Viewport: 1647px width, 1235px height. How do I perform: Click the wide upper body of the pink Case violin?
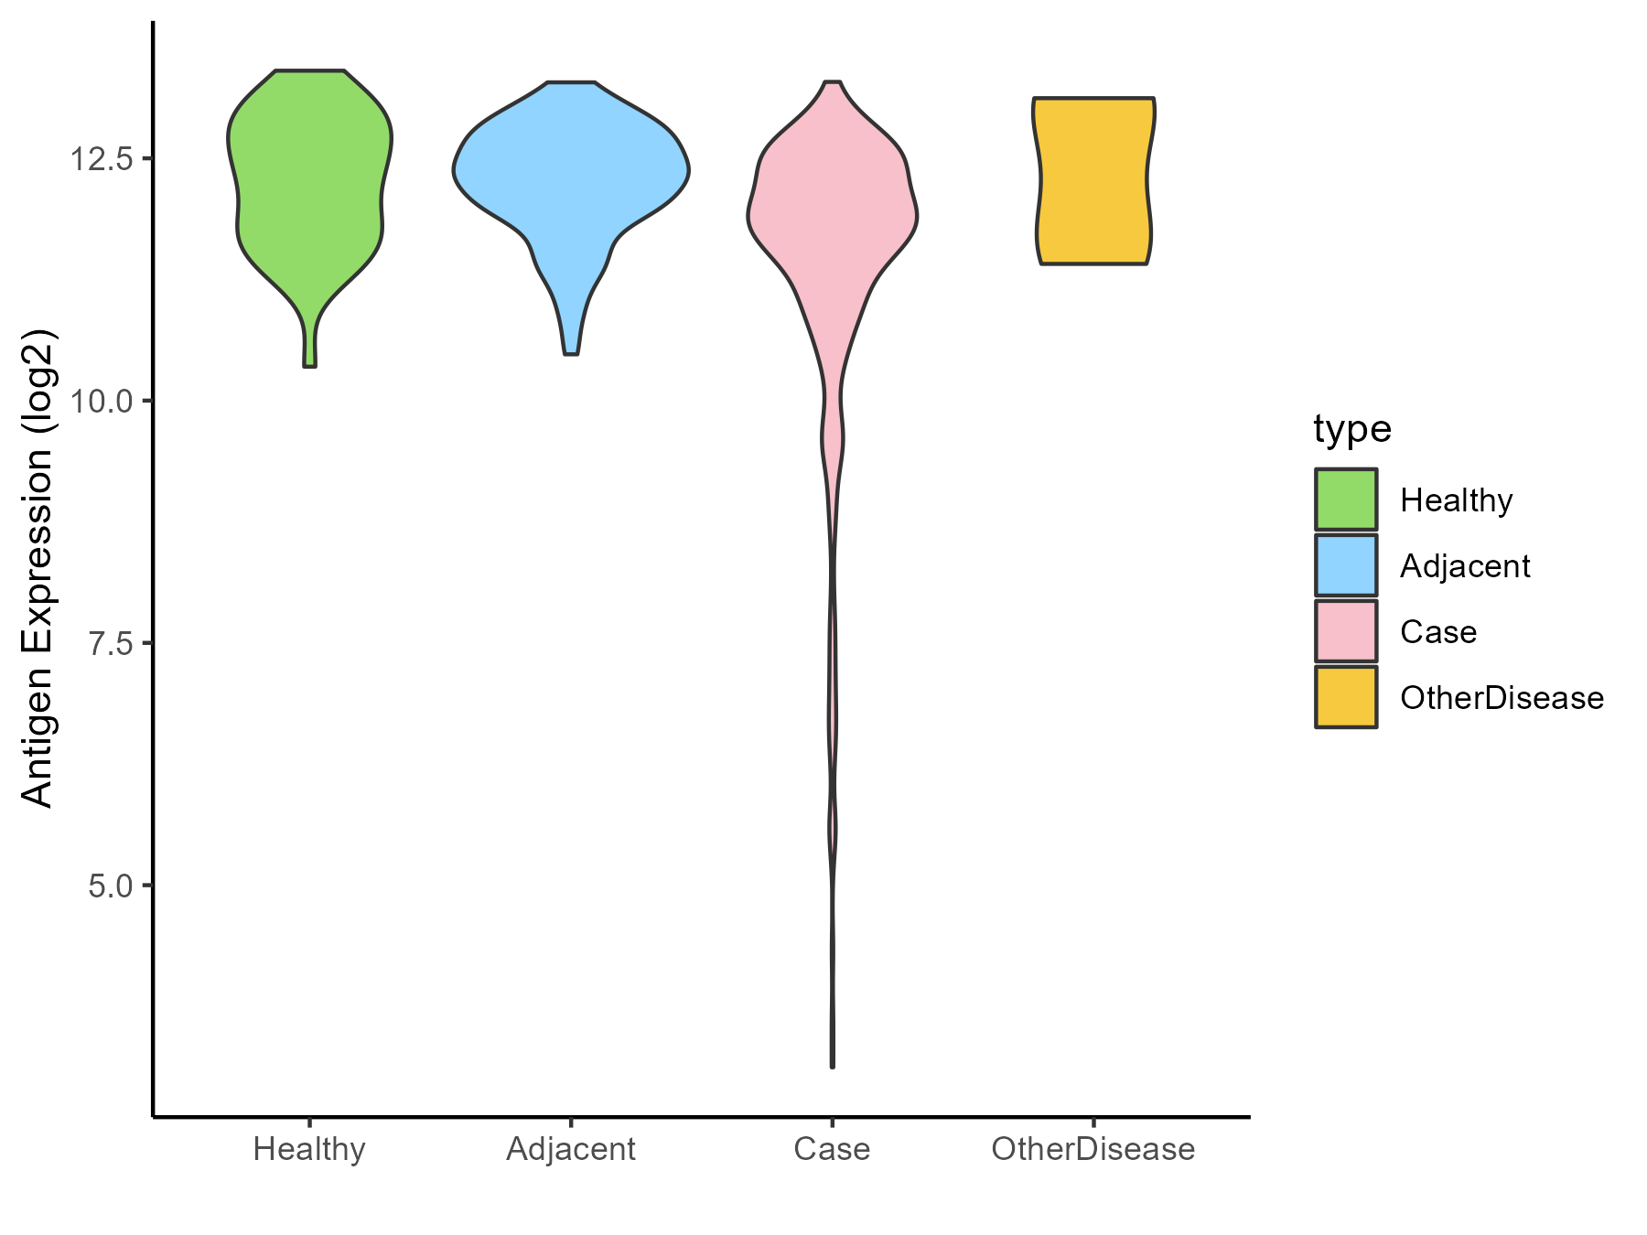[x=833, y=210]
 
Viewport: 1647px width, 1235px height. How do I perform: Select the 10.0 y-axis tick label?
[x=102, y=401]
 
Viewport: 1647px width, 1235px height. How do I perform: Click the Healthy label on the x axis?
[x=309, y=1149]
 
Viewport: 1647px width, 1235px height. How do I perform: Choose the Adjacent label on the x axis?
[x=571, y=1149]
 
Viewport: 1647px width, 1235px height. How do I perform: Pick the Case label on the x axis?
[x=832, y=1149]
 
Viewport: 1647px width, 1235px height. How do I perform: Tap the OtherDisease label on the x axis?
[x=1093, y=1149]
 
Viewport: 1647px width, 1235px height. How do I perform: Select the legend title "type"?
[x=1352, y=428]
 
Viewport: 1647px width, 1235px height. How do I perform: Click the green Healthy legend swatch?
[x=1346, y=499]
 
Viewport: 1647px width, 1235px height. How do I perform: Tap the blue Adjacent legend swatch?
[x=1346, y=565]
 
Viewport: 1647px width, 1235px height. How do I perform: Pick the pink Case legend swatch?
[x=1346, y=631]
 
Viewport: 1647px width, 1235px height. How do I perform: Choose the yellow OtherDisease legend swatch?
[x=1346, y=697]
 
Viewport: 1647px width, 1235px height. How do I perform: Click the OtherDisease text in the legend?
[x=1502, y=698]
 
